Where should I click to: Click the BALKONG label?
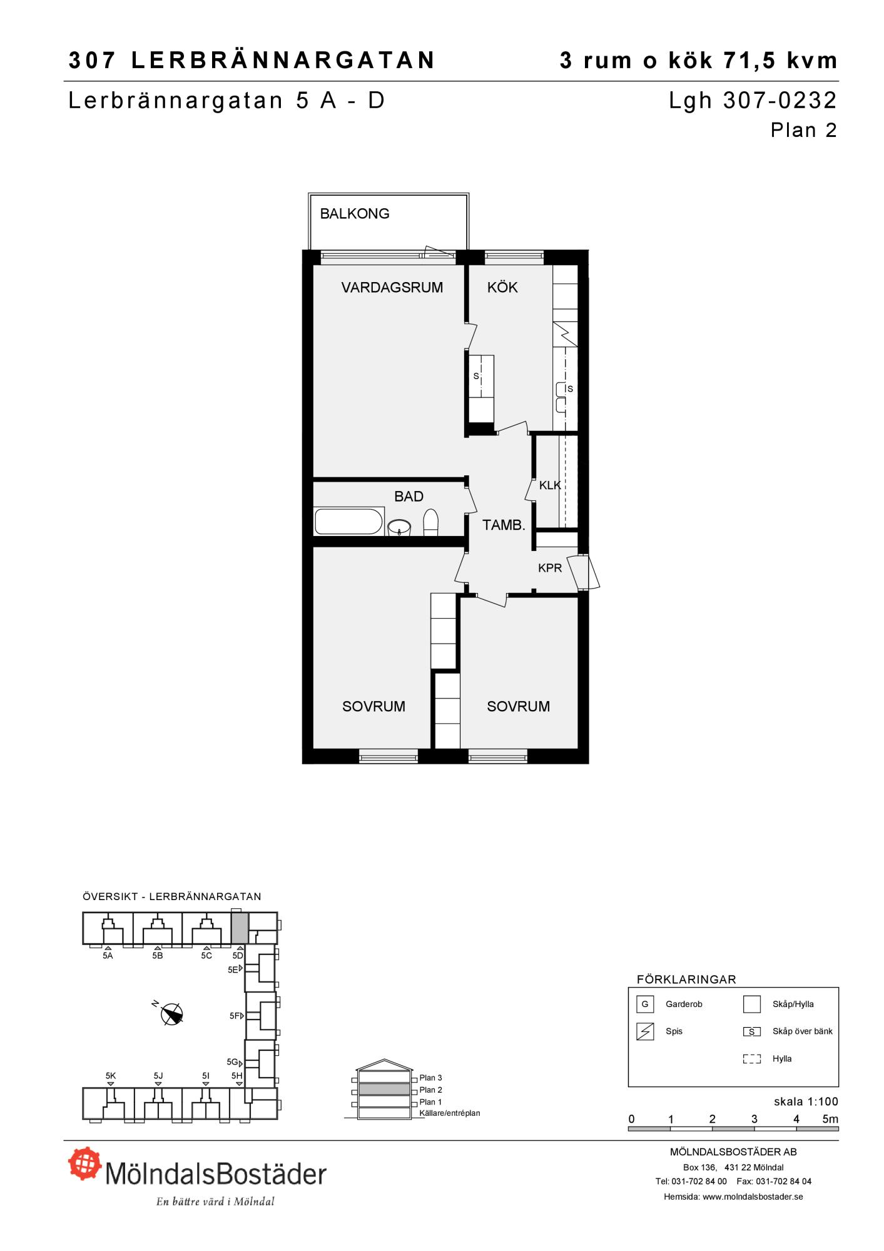click(355, 214)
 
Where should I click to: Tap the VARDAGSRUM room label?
click(392, 288)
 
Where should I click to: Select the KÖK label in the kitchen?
click(502, 287)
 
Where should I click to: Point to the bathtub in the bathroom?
click(349, 522)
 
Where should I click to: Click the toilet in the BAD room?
click(430, 523)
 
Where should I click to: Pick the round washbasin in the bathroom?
click(399, 528)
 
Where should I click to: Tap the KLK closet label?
click(550, 485)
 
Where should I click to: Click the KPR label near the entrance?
click(550, 569)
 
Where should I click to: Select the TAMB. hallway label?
click(504, 525)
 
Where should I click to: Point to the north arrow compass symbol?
click(171, 1014)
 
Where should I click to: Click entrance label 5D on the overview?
click(238, 956)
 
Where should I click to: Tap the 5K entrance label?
click(111, 1076)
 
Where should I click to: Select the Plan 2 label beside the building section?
click(431, 1090)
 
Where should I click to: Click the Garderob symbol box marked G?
click(644, 1005)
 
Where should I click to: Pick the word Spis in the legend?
click(674, 1031)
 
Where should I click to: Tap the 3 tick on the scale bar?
click(754, 1119)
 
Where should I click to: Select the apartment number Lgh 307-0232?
click(753, 101)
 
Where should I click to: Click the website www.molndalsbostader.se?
click(753, 1197)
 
